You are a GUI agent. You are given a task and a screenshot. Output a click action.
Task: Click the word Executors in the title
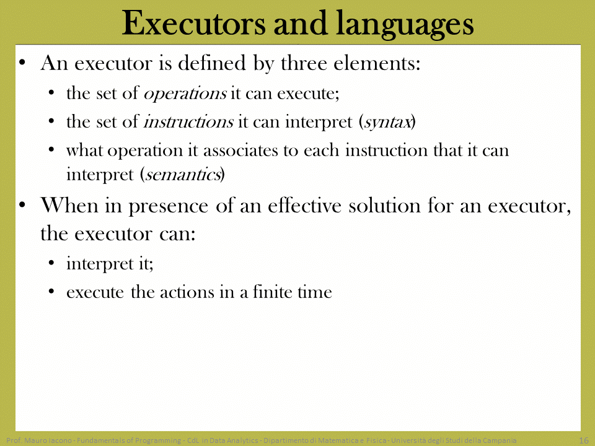[x=194, y=24]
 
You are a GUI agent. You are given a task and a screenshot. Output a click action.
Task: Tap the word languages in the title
[x=405, y=25]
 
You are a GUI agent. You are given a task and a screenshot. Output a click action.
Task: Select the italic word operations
[x=185, y=94]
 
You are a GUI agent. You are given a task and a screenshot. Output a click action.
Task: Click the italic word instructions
[x=188, y=122]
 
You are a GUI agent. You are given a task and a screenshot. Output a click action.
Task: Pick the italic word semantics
[x=183, y=175]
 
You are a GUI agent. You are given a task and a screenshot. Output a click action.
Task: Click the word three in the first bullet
[x=304, y=63]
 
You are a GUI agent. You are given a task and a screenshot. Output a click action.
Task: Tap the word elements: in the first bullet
[x=377, y=63]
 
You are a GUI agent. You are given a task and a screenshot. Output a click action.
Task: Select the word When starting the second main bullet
[x=69, y=205]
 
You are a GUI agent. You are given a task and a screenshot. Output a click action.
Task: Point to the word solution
[x=384, y=205]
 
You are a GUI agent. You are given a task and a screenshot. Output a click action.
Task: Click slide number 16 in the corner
[x=584, y=440]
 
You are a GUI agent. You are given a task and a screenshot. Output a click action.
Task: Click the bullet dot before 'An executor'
[x=22, y=62]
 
